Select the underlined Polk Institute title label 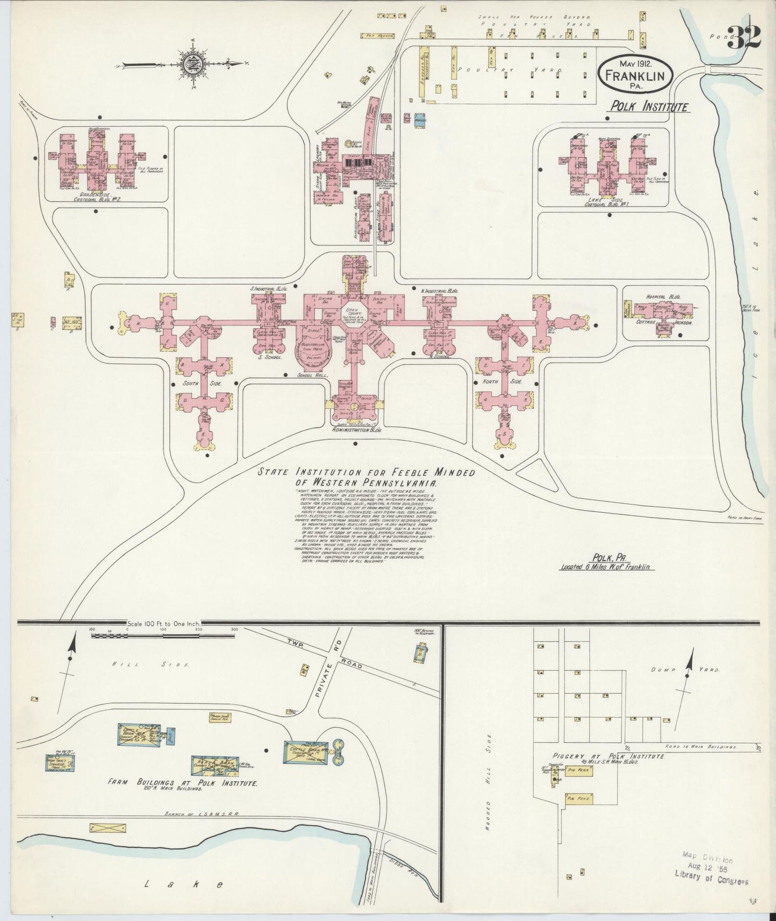tap(648, 106)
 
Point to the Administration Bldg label tap(356, 430)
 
